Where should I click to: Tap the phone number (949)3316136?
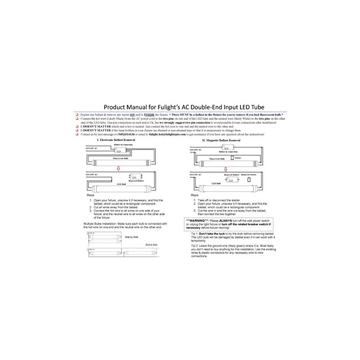click(x=112, y=135)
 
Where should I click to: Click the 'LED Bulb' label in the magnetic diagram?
click(x=217, y=184)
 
